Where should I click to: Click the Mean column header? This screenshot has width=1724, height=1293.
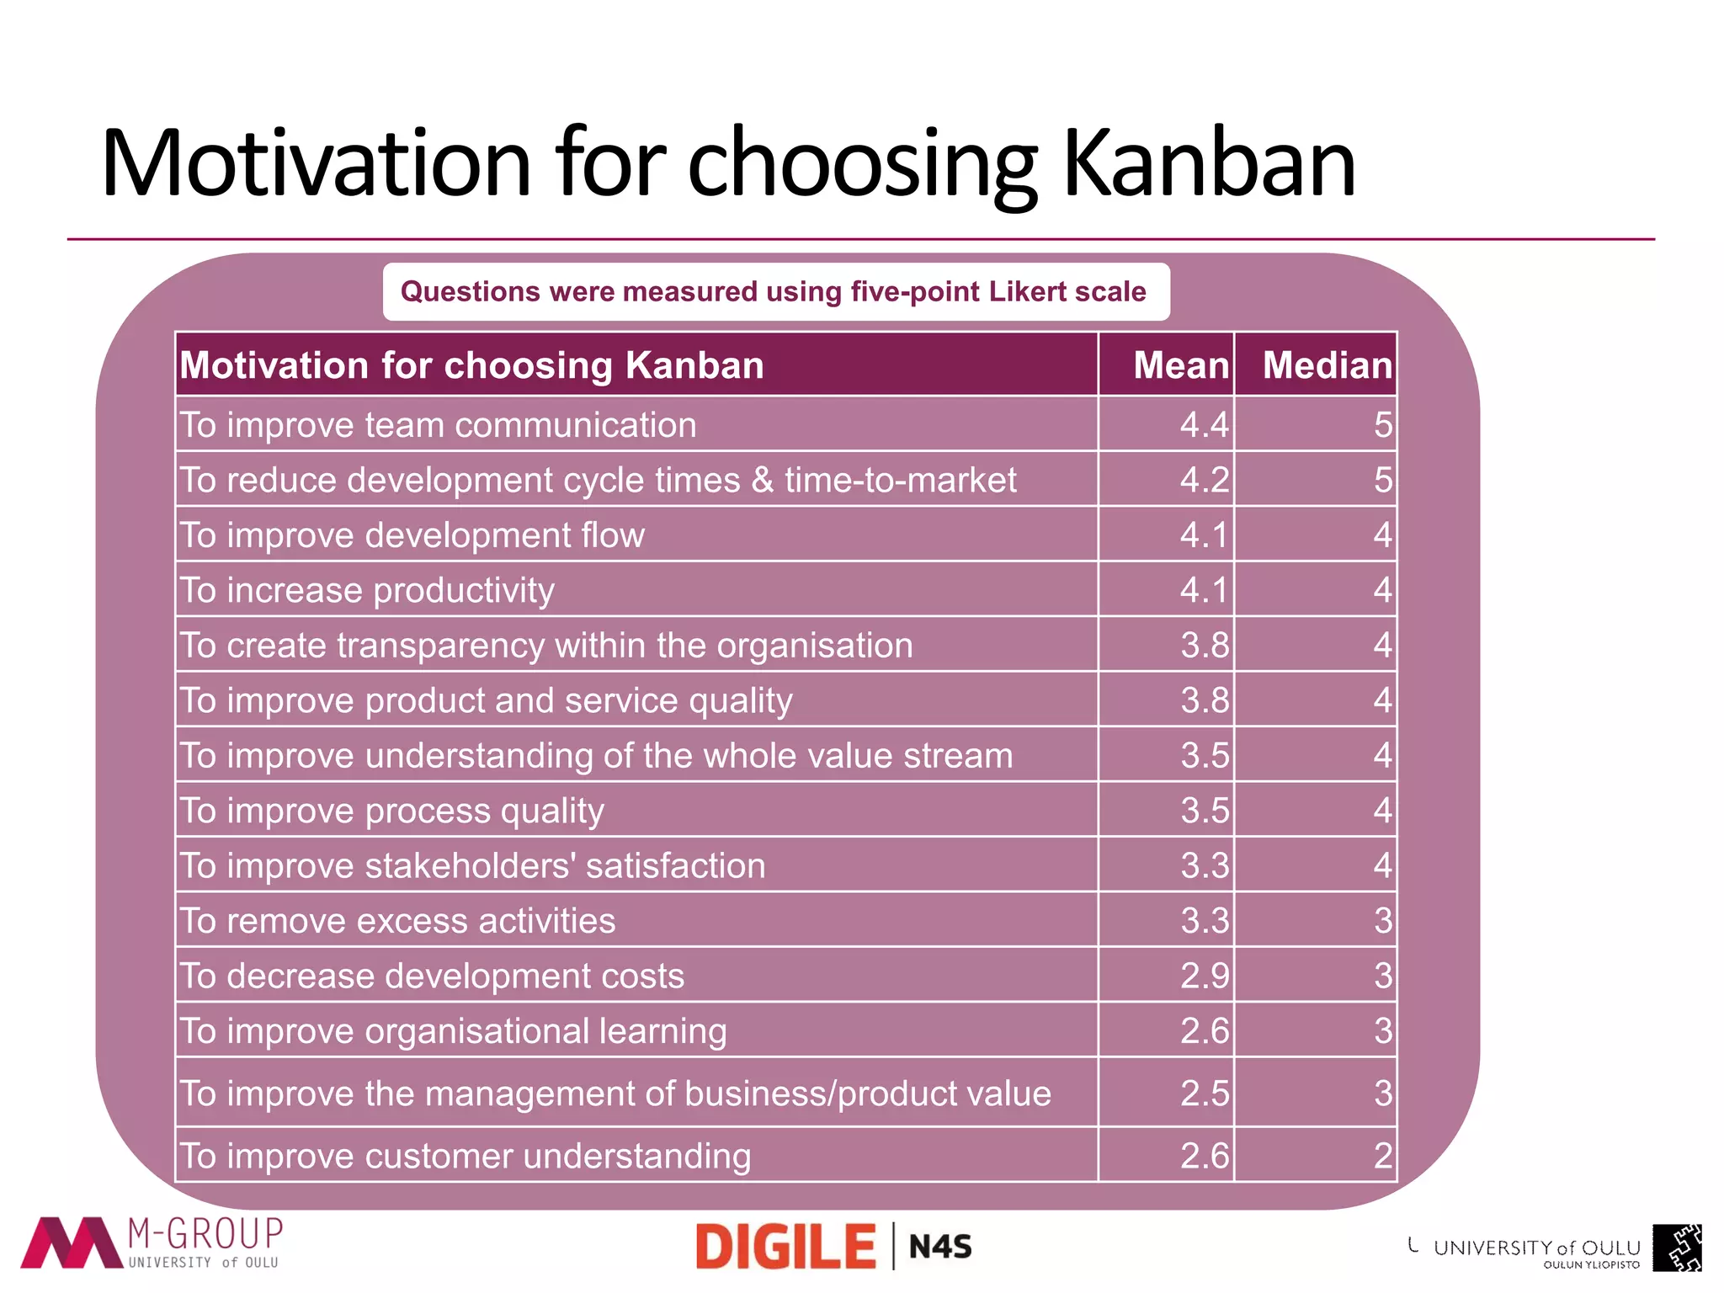[x=1180, y=365]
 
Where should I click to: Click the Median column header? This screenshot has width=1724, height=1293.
[x=1327, y=365]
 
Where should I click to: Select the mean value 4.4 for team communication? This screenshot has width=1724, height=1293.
[x=1204, y=424]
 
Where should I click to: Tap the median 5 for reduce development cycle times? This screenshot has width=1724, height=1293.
[x=1382, y=480]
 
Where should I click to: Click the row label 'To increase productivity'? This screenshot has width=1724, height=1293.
[x=367, y=590]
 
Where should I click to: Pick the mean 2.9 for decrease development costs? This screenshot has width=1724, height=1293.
[x=1204, y=976]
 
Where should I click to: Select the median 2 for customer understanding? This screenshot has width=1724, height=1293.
[x=1382, y=1155]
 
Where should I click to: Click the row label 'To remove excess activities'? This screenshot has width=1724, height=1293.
[x=397, y=921]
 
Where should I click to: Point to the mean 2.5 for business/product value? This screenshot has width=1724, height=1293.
[x=1204, y=1093]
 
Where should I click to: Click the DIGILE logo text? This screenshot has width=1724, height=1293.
[x=785, y=1247]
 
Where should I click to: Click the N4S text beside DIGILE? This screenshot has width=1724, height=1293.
[x=940, y=1247]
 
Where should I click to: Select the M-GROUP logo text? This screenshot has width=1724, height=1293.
[x=205, y=1234]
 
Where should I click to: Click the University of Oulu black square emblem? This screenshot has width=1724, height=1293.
[x=1676, y=1248]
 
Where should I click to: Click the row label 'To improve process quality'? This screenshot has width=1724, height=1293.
[x=392, y=811]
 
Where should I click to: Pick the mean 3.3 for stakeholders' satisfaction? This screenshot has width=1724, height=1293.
[x=1204, y=865]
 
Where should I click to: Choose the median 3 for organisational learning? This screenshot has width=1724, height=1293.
[x=1382, y=1030]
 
